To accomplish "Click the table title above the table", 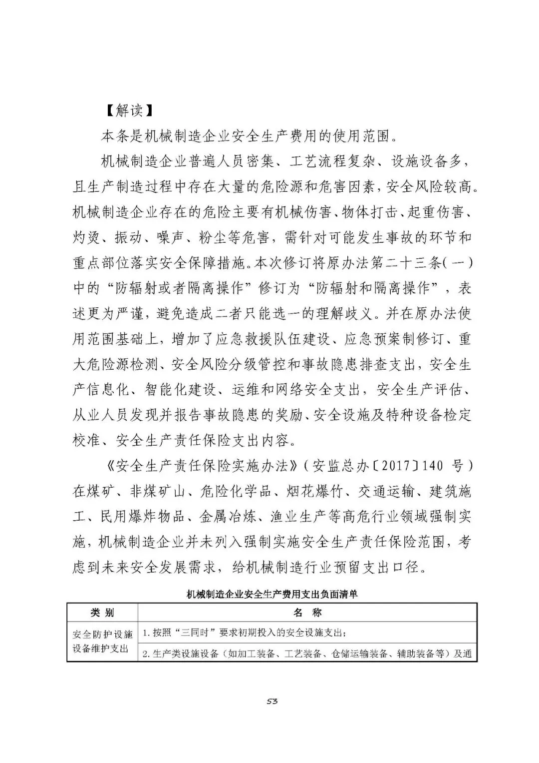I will tap(272, 595).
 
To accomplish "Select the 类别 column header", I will tap(102, 613).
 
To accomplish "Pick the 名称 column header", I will tap(307, 613).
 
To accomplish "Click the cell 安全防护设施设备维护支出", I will tap(102, 642).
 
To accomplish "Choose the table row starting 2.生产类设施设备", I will tap(307, 654).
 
